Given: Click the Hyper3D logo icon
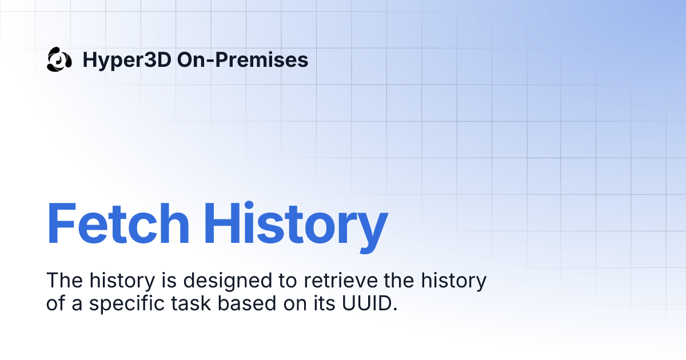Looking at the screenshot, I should pos(59,59).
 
